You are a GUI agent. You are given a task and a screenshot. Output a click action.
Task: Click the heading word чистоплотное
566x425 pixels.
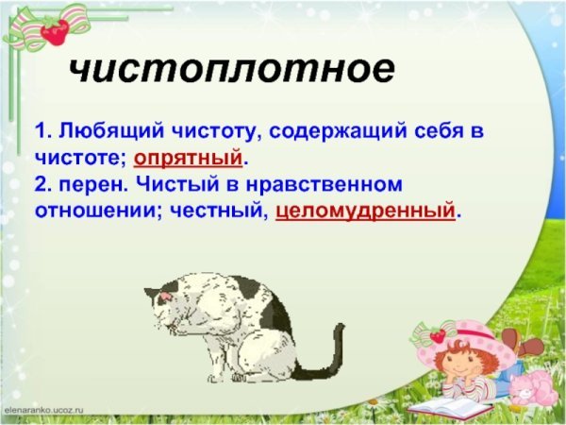[x=230, y=70]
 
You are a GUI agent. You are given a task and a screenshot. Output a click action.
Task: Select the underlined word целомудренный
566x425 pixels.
[x=365, y=211]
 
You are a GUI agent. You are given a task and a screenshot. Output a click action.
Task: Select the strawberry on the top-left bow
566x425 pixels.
[x=55, y=34]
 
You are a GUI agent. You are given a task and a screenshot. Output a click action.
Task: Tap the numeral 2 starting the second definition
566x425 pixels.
[x=40, y=184]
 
